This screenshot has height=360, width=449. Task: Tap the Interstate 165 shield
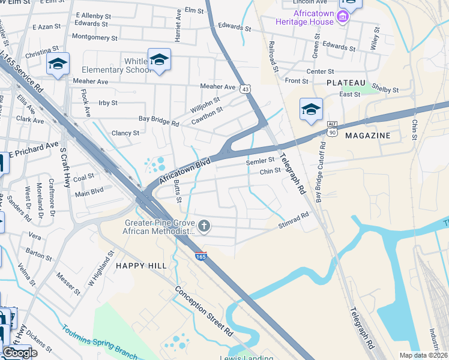(x=200, y=256)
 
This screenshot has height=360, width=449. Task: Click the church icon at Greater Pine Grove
(x=204, y=226)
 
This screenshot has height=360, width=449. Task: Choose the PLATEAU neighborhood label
(x=346, y=82)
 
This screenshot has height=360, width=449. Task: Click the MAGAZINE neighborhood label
(x=367, y=136)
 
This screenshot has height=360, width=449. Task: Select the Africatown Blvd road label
(x=185, y=171)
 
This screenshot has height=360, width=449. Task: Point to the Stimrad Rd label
(x=294, y=220)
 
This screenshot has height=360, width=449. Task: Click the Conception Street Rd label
(x=203, y=310)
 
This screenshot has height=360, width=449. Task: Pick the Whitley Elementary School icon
(x=159, y=60)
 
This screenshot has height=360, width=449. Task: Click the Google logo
(x=19, y=353)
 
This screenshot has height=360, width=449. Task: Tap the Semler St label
(x=260, y=161)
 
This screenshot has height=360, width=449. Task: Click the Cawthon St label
(x=207, y=113)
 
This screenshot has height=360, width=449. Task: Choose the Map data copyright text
(x=424, y=355)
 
